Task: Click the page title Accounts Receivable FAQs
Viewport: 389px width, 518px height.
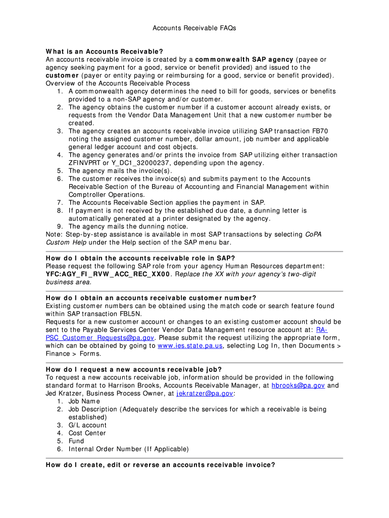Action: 194,28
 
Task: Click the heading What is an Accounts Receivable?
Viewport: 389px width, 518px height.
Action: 105,52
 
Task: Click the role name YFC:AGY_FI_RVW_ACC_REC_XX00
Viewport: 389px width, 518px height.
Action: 108,274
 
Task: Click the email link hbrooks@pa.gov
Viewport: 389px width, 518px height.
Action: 298,385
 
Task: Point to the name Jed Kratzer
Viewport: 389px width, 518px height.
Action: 64,393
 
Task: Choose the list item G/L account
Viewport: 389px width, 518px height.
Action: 87,425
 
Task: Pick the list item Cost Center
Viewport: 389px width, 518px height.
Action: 87,433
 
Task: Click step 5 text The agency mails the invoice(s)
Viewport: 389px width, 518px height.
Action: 117,170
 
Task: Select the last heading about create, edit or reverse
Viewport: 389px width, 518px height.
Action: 160,465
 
